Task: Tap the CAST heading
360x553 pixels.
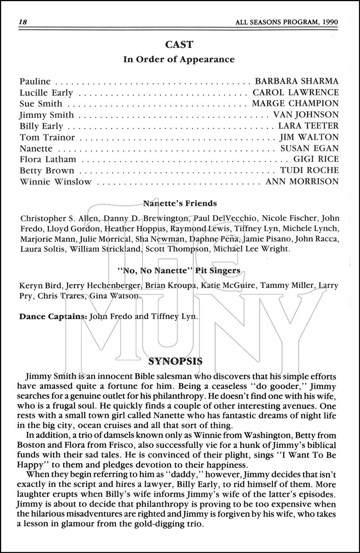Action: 179,45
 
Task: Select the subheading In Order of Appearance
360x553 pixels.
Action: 179,59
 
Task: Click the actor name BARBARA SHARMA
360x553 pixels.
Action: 297,81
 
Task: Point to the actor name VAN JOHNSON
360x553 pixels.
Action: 305,115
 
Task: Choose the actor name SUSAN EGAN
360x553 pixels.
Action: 309,148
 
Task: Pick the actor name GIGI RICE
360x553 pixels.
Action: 316,159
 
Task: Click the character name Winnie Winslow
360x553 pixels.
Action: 55,182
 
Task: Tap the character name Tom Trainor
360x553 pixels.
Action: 47,138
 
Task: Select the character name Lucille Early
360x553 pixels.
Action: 46,93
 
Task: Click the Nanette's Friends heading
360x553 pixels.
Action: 179,204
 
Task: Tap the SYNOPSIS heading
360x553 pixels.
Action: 175,361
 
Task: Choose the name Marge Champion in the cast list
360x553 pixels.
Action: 295,104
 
